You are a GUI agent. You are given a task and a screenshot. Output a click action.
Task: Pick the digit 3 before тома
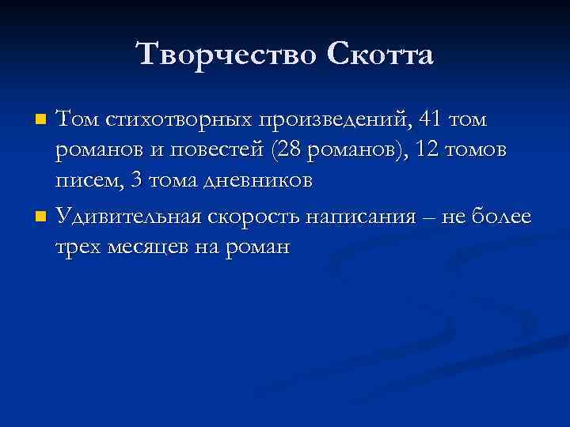click(135, 181)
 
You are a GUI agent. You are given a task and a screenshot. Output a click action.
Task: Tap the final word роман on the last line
click(260, 247)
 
